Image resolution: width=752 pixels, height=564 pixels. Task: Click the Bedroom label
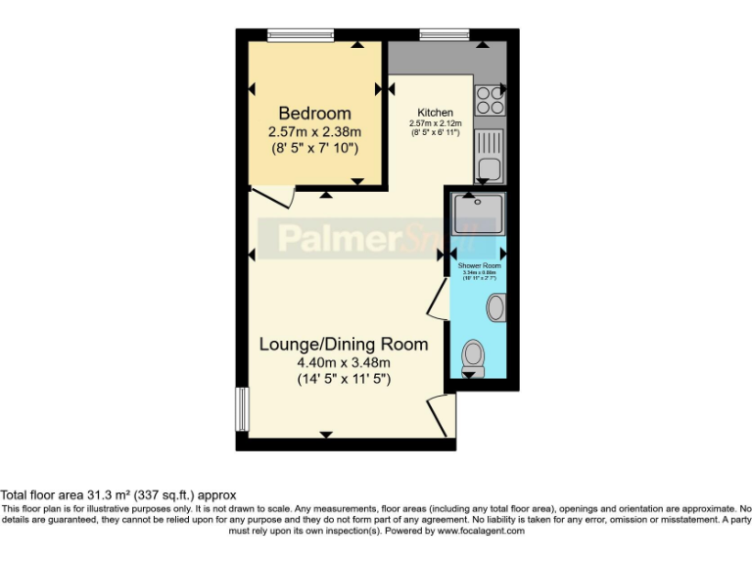[314, 113]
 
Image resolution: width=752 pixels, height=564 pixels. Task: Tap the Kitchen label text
[435, 113]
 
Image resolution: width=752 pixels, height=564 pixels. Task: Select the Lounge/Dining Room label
[343, 345]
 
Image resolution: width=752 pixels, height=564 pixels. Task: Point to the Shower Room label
[480, 265]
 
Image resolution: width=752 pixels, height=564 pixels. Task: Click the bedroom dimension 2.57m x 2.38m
[314, 131]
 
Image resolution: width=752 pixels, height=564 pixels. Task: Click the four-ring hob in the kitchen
[489, 101]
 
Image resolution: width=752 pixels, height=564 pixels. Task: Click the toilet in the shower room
[473, 354]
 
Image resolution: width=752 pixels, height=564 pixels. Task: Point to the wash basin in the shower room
[496, 307]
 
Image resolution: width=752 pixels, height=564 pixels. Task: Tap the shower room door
[438, 305]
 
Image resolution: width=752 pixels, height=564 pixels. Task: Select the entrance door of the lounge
[440, 416]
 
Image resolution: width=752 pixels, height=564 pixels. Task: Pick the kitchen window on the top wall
[445, 36]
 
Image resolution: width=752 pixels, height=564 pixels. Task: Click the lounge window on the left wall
[241, 408]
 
